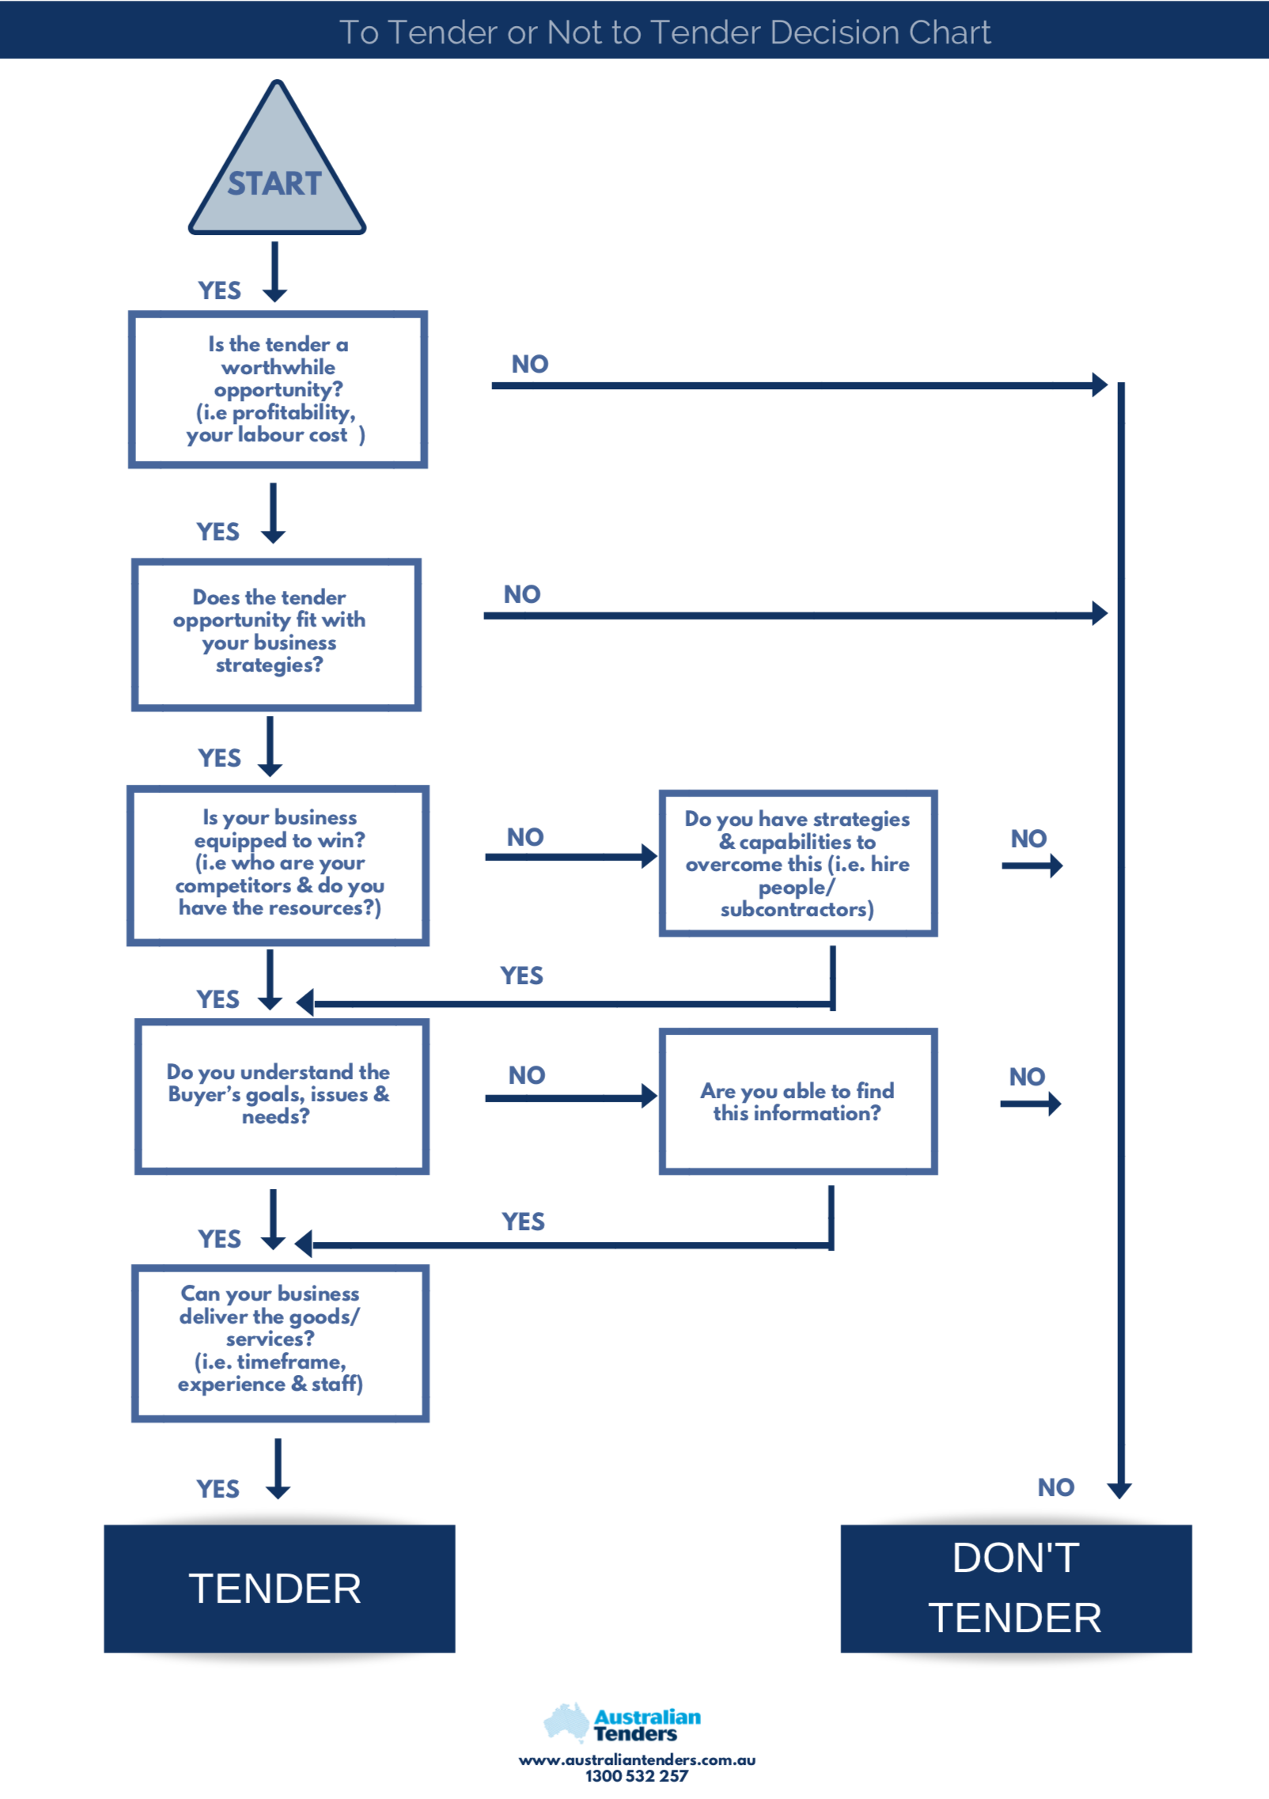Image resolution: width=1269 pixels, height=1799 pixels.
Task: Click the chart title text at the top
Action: coord(665,32)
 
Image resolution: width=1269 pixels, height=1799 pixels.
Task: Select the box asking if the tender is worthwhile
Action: coord(278,389)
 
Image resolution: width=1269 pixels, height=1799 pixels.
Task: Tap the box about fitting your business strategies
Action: coord(275,634)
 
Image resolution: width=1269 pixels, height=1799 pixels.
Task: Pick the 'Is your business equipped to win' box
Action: coord(278,865)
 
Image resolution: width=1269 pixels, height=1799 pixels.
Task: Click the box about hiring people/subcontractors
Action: coord(797,863)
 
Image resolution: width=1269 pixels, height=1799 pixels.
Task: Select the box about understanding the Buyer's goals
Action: coord(281,1096)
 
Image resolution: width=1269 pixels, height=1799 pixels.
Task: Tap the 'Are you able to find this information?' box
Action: coord(797,1100)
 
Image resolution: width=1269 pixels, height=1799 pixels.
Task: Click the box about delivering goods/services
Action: coord(279,1342)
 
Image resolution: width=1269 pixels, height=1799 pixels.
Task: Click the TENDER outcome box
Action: coord(278,1588)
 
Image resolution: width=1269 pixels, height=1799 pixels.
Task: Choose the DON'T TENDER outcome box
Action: coord(1015,1588)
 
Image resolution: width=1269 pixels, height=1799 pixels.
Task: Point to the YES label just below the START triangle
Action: coord(219,290)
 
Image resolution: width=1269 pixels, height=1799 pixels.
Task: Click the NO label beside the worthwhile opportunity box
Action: coord(529,364)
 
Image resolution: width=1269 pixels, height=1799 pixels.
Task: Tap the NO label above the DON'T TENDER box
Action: coord(1055,1487)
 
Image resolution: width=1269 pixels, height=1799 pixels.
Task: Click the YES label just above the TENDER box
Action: coord(218,1489)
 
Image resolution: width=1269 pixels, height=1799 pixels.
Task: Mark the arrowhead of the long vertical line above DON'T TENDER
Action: coord(1119,1490)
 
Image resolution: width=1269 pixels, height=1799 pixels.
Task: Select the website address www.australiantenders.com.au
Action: coord(637,1759)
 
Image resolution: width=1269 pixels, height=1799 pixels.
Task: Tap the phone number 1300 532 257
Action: coord(636,1776)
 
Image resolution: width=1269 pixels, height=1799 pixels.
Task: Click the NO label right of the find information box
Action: coord(1027,1077)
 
